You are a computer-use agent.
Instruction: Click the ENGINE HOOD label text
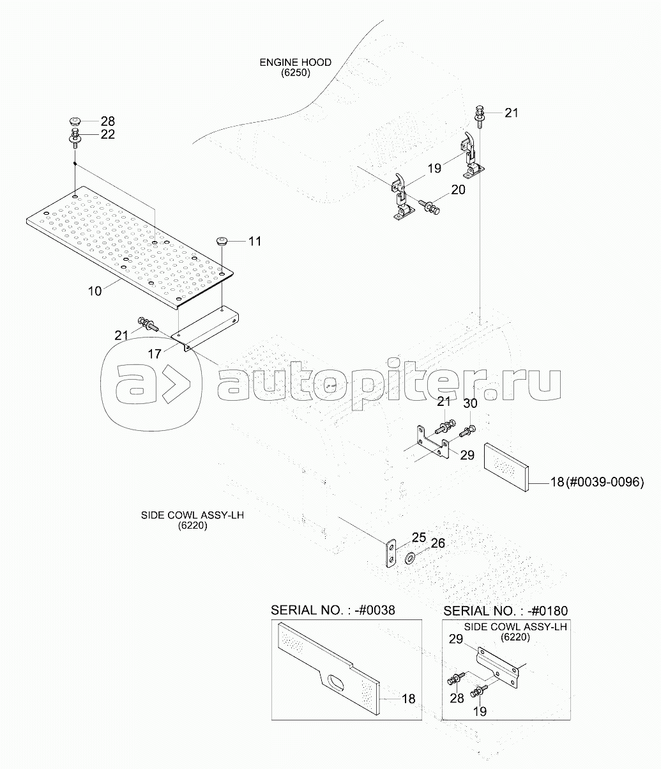click(x=295, y=63)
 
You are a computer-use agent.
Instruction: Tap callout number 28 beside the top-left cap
click(x=107, y=121)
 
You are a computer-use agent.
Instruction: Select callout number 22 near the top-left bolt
click(x=107, y=134)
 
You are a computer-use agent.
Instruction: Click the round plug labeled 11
click(x=222, y=242)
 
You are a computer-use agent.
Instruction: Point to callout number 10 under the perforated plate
click(x=95, y=291)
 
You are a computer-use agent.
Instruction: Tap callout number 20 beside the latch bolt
click(x=459, y=189)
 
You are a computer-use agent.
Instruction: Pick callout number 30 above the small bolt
click(x=470, y=403)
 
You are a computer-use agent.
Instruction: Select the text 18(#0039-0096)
click(x=596, y=482)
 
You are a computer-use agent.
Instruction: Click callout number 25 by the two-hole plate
click(x=418, y=537)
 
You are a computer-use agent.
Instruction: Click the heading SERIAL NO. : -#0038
click(x=333, y=610)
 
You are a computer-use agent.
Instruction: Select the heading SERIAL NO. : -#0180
click(x=505, y=610)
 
